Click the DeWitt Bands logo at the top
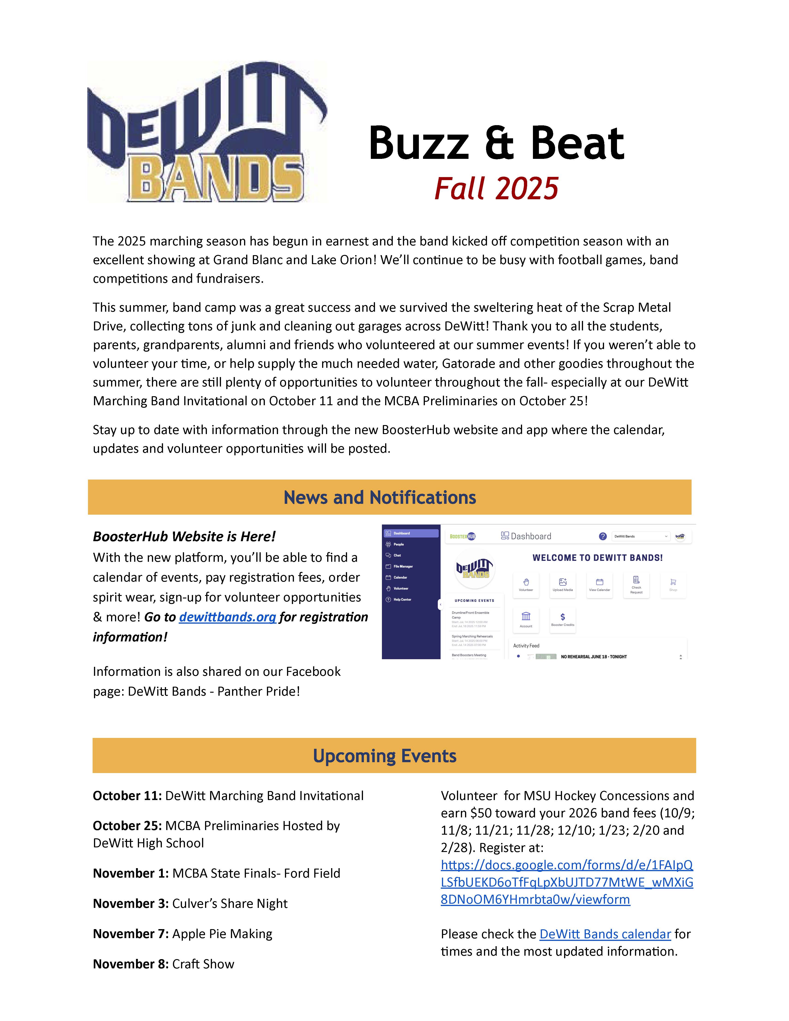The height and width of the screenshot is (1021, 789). coord(207,132)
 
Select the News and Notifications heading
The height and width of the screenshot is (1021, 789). coord(380,497)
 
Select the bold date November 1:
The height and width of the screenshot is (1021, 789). coord(130,873)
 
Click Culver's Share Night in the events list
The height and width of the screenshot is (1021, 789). coord(230,904)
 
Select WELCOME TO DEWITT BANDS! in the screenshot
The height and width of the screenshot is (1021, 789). coord(597,558)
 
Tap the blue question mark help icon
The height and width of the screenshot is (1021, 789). coord(602,536)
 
